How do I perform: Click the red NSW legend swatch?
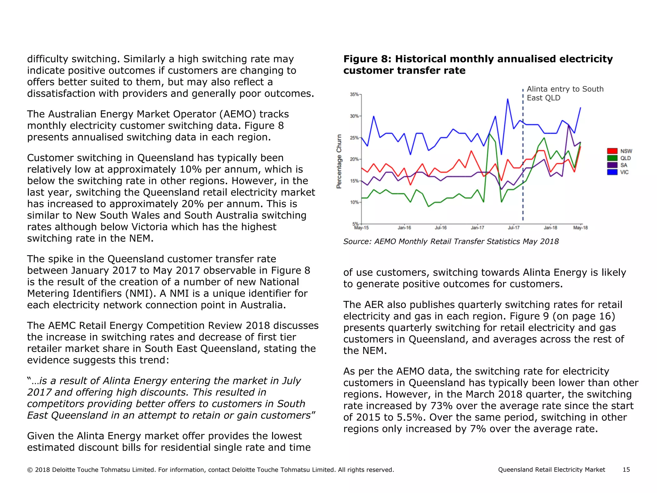tap(612, 151)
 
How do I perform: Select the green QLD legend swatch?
tap(612, 158)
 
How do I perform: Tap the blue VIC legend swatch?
tap(612, 172)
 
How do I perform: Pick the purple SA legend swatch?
tap(612, 165)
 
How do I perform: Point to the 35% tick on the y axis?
tap(354, 94)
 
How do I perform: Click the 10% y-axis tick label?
tap(354, 202)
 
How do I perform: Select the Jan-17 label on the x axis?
tap(477, 228)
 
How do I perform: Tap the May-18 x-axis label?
tap(580, 228)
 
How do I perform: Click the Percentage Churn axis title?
tap(339, 161)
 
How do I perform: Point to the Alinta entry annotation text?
tap(565, 93)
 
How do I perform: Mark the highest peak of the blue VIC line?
tap(508, 99)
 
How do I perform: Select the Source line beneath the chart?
tap(451, 241)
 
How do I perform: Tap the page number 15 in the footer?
tap(626, 470)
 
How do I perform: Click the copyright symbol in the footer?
tap(30, 470)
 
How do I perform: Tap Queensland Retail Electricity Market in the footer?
tap(551, 470)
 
